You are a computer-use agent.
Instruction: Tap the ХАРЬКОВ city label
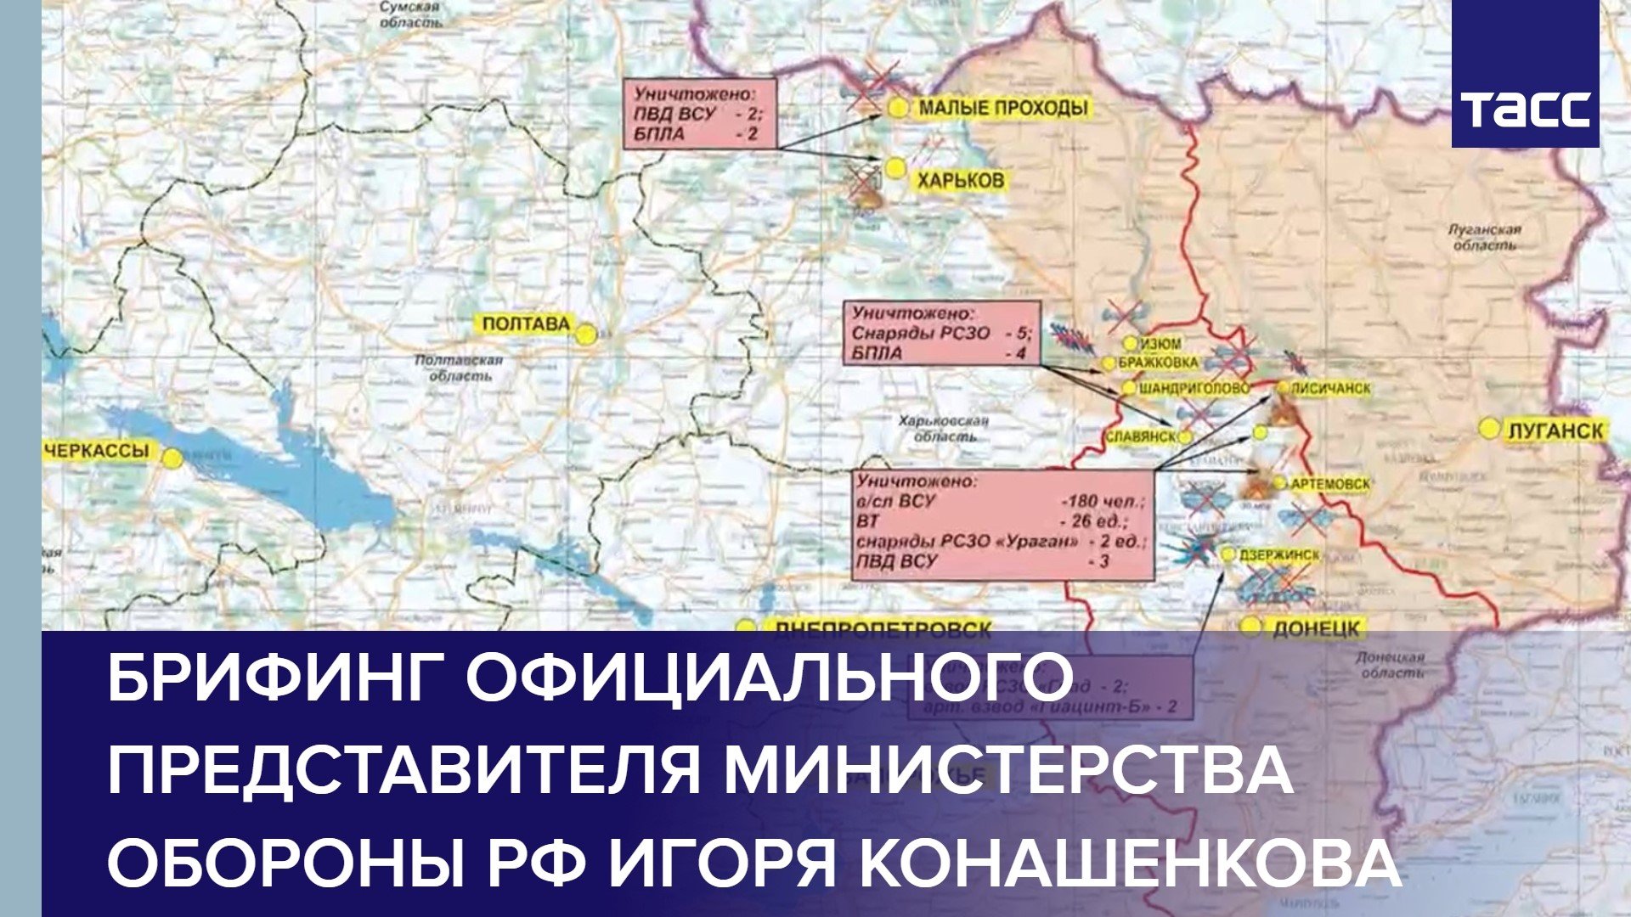(959, 180)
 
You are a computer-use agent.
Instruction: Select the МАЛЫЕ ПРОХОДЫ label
(1002, 108)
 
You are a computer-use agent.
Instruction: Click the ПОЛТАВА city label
(526, 323)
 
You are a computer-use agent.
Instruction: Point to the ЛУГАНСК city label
(1555, 430)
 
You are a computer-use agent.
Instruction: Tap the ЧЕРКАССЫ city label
(96, 451)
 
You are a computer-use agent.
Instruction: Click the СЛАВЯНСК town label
(1140, 436)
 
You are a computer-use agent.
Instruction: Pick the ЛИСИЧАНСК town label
(1330, 388)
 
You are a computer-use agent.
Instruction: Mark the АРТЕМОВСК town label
(1330, 483)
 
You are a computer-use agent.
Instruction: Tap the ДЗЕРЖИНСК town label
(1279, 554)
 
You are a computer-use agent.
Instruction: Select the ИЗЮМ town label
(1160, 344)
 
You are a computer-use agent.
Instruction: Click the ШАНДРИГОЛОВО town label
(1194, 388)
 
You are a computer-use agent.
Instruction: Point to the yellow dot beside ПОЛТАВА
(585, 335)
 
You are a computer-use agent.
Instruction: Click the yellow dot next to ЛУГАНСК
(1489, 429)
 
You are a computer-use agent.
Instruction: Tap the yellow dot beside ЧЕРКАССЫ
(172, 458)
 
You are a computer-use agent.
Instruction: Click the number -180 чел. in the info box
(1102, 500)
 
